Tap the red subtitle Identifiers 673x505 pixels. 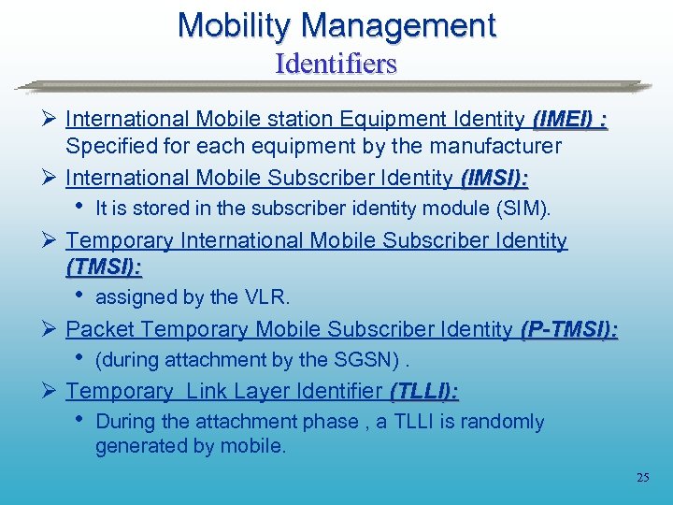click(x=336, y=64)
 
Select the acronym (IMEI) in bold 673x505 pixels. click(x=562, y=119)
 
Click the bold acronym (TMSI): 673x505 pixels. click(x=104, y=267)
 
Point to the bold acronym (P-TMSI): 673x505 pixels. click(x=569, y=329)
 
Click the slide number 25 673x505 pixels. click(x=642, y=478)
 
